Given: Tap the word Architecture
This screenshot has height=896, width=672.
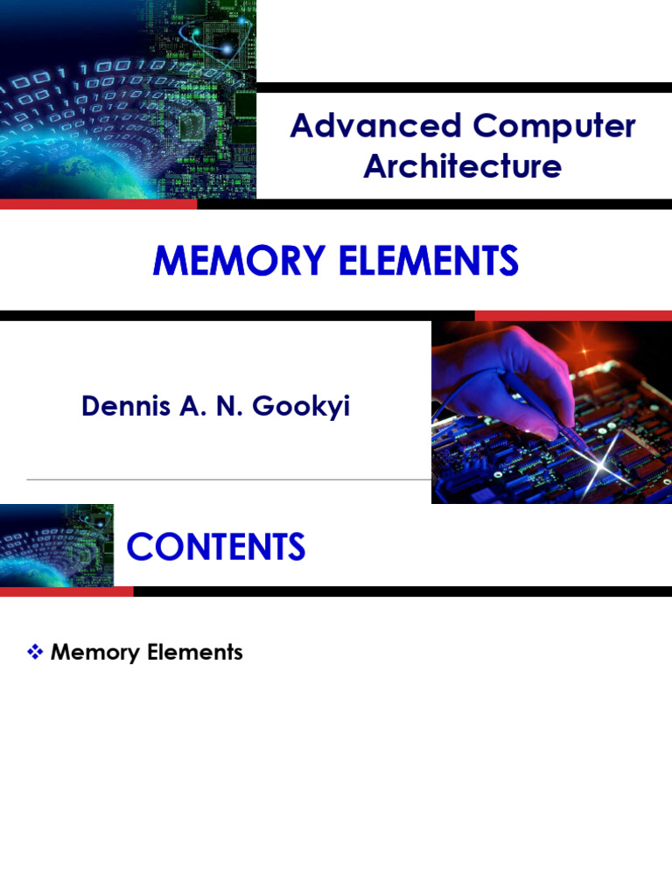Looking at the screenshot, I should click(462, 166).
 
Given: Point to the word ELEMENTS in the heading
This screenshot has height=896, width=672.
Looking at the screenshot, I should click(425, 262).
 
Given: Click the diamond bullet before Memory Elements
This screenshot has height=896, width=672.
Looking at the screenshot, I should click(36, 652).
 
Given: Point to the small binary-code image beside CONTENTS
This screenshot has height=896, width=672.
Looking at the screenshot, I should click(57, 544).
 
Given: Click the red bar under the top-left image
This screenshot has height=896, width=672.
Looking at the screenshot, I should click(98, 205).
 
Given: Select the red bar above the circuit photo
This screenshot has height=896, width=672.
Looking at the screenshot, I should click(573, 315).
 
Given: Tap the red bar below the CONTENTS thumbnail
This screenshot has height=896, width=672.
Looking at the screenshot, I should click(66, 591).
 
